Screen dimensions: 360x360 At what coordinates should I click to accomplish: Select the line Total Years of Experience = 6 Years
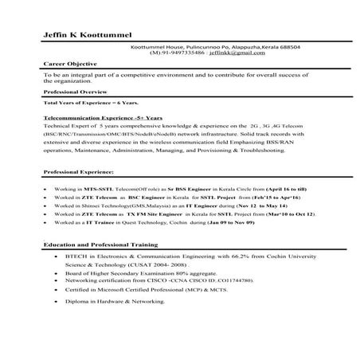click(91, 104)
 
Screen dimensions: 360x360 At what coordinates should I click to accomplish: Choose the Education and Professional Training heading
click(100, 245)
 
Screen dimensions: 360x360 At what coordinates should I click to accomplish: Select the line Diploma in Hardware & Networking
click(120, 303)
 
